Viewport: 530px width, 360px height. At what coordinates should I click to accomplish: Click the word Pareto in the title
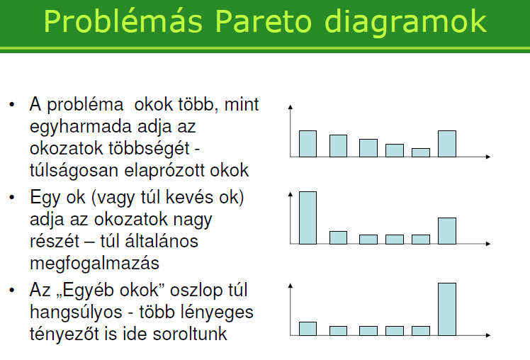[263, 21]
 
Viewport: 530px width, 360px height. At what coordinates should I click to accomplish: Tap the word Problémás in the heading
[123, 21]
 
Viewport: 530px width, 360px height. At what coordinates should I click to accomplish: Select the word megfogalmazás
[94, 264]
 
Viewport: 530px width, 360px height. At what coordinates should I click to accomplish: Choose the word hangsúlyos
[76, 313]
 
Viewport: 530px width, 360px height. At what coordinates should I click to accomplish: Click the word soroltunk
[190, 334]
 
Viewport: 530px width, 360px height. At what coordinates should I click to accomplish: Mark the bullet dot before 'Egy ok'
[12, 197]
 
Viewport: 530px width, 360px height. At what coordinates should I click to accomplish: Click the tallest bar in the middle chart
[308, 218]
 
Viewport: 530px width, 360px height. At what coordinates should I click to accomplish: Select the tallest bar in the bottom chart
[447, 309]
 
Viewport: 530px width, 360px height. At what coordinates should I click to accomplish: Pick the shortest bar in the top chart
[421, 152]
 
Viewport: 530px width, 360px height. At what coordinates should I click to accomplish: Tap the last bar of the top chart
[447, 144]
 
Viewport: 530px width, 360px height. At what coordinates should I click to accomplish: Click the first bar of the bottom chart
[308, 329]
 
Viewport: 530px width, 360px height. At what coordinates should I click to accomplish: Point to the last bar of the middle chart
[447, 231]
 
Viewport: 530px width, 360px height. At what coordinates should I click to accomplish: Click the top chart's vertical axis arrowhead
[290, 107]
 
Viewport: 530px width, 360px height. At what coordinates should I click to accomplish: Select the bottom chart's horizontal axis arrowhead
[487, 335]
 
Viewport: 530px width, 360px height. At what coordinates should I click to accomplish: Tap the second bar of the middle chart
[338, 237]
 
